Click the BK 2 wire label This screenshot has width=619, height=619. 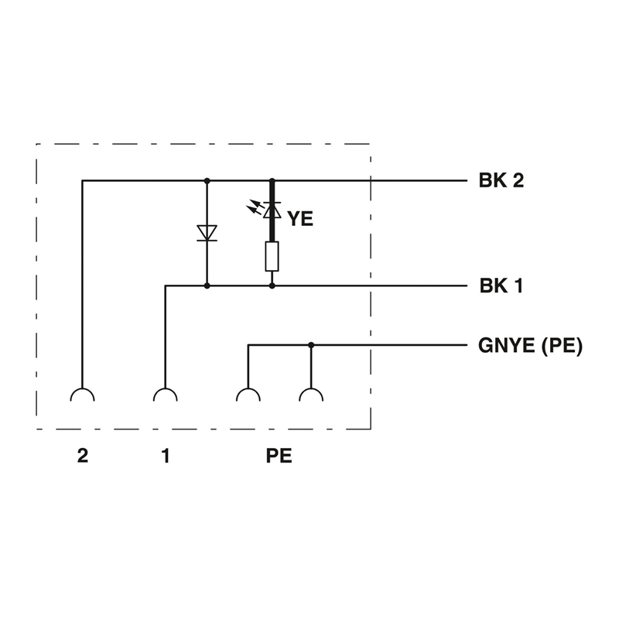point(501,180)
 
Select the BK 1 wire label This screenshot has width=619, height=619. point(501,286)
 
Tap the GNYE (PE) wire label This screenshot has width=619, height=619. point(530,345)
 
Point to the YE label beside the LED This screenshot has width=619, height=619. point(300,219)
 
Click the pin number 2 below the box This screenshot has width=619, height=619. point(83,456)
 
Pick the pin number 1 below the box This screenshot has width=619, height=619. point(166,456)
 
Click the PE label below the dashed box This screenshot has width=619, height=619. point(279,456)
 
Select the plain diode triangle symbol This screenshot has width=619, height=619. point(207,233)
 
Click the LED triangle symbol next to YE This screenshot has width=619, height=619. point(272,210)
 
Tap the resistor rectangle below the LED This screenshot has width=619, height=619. point(272,257)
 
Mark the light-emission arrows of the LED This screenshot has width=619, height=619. point(254,207)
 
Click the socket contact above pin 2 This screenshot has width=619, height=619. point(83,395)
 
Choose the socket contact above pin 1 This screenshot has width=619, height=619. point(166,395)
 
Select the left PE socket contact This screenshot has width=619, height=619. point(248,395)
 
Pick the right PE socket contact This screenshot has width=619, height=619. point(311,395)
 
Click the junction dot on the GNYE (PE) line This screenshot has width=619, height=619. point(311,345)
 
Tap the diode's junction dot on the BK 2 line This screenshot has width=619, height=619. point(207,181)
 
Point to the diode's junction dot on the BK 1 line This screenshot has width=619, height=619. point(207,286)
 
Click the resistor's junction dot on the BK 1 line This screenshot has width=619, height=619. point(272,286)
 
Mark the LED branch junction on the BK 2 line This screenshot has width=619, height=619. point(272,181)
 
